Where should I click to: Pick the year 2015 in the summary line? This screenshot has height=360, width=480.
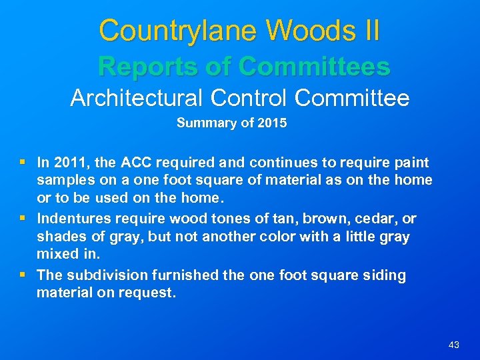[273, 123]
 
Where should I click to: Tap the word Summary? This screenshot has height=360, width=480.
[203, 123]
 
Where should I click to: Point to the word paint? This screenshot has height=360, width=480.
[411, 162]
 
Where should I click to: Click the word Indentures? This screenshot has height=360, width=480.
[73, 218]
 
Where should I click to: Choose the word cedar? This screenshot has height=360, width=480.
[381, 218]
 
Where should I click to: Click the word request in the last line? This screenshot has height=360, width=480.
[151, 293]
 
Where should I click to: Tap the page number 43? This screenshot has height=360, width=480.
[454, 345]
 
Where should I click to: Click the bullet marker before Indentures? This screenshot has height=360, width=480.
[25, 218]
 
